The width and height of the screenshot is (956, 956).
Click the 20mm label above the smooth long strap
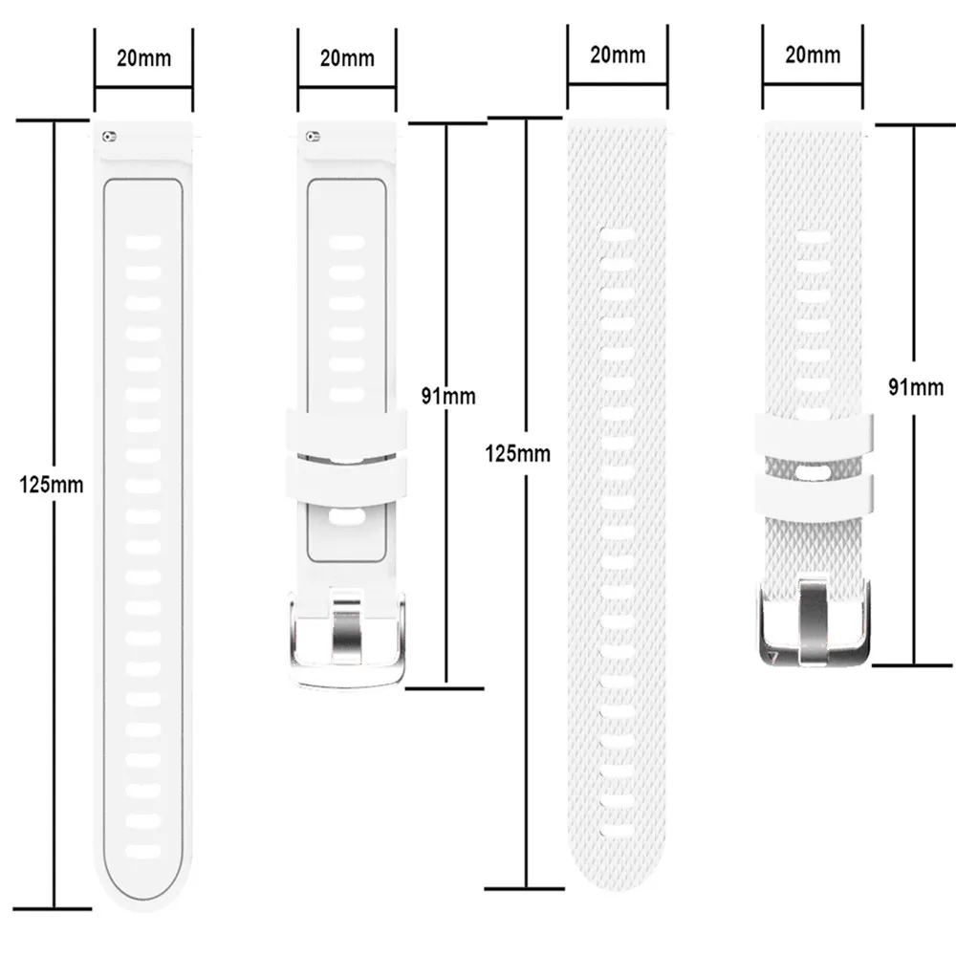143,58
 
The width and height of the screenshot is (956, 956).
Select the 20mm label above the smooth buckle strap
346,58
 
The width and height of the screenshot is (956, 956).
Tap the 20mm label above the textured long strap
617,54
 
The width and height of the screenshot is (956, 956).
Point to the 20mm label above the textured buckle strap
813,54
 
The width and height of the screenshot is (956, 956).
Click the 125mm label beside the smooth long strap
52,485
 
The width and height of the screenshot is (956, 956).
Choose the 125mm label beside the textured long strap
519,452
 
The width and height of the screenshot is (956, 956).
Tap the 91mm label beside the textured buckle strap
915,387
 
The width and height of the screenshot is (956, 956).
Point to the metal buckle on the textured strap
815,626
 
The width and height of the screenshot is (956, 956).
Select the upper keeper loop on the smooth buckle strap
347,426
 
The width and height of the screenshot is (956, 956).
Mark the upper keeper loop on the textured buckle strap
815,433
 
